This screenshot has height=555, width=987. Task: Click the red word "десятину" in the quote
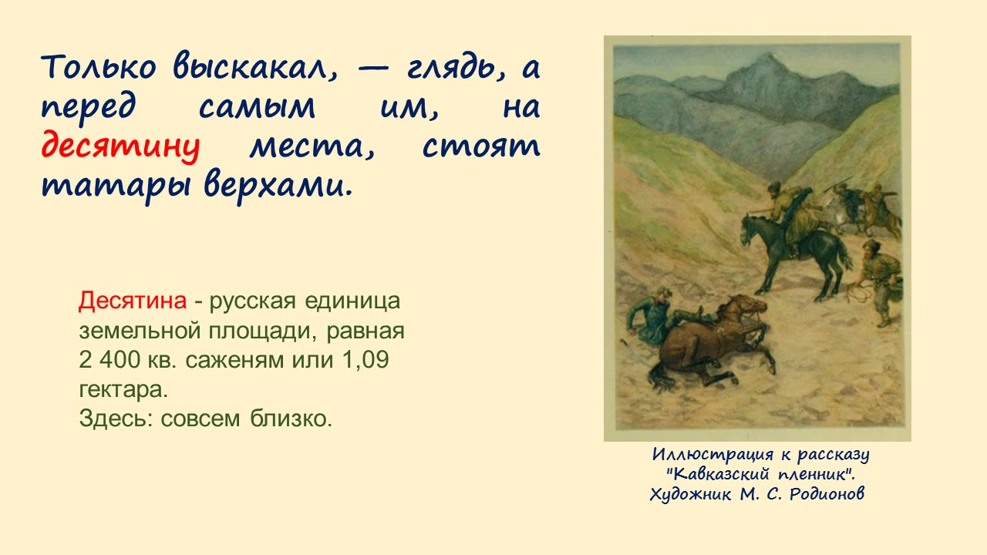(x=120, y=146)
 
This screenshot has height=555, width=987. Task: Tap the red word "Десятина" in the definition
(x=132, y=301)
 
